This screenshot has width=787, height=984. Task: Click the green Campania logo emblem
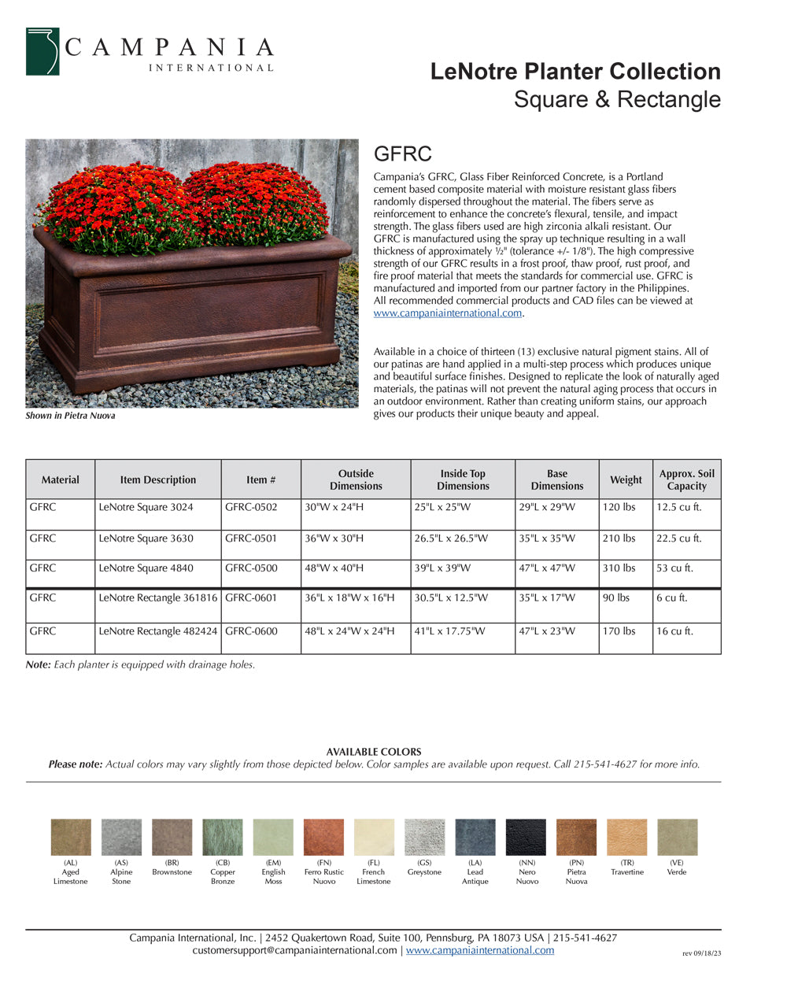42,52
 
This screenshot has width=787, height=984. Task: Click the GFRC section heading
402,154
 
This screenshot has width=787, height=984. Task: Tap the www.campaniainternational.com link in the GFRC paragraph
448,313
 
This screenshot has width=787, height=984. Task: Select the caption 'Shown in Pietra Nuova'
70,416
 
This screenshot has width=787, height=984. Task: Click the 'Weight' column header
626,479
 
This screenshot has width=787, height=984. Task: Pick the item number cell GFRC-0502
251,508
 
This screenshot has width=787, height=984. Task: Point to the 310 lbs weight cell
619,568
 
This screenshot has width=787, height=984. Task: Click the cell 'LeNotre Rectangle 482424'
157,631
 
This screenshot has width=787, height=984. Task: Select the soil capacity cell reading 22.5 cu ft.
678,538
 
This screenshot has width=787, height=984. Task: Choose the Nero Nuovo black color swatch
526,837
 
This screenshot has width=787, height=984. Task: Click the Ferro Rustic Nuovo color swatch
323,837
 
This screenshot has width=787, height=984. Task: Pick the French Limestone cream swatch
374,837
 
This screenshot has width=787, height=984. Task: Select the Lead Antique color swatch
475,837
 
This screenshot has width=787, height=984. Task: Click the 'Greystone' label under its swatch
424,872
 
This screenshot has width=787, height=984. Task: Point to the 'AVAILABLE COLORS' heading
374,752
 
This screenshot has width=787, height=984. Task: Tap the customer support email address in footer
294,950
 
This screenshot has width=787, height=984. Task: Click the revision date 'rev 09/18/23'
701,953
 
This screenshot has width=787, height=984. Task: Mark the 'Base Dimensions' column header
556,479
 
